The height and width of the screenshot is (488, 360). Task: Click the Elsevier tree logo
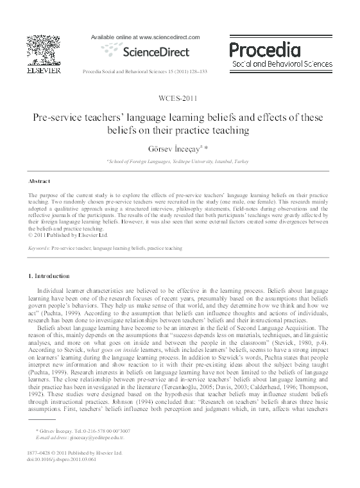44,49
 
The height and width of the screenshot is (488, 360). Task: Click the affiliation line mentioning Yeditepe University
179,161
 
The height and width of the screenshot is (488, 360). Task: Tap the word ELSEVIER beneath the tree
44,72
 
